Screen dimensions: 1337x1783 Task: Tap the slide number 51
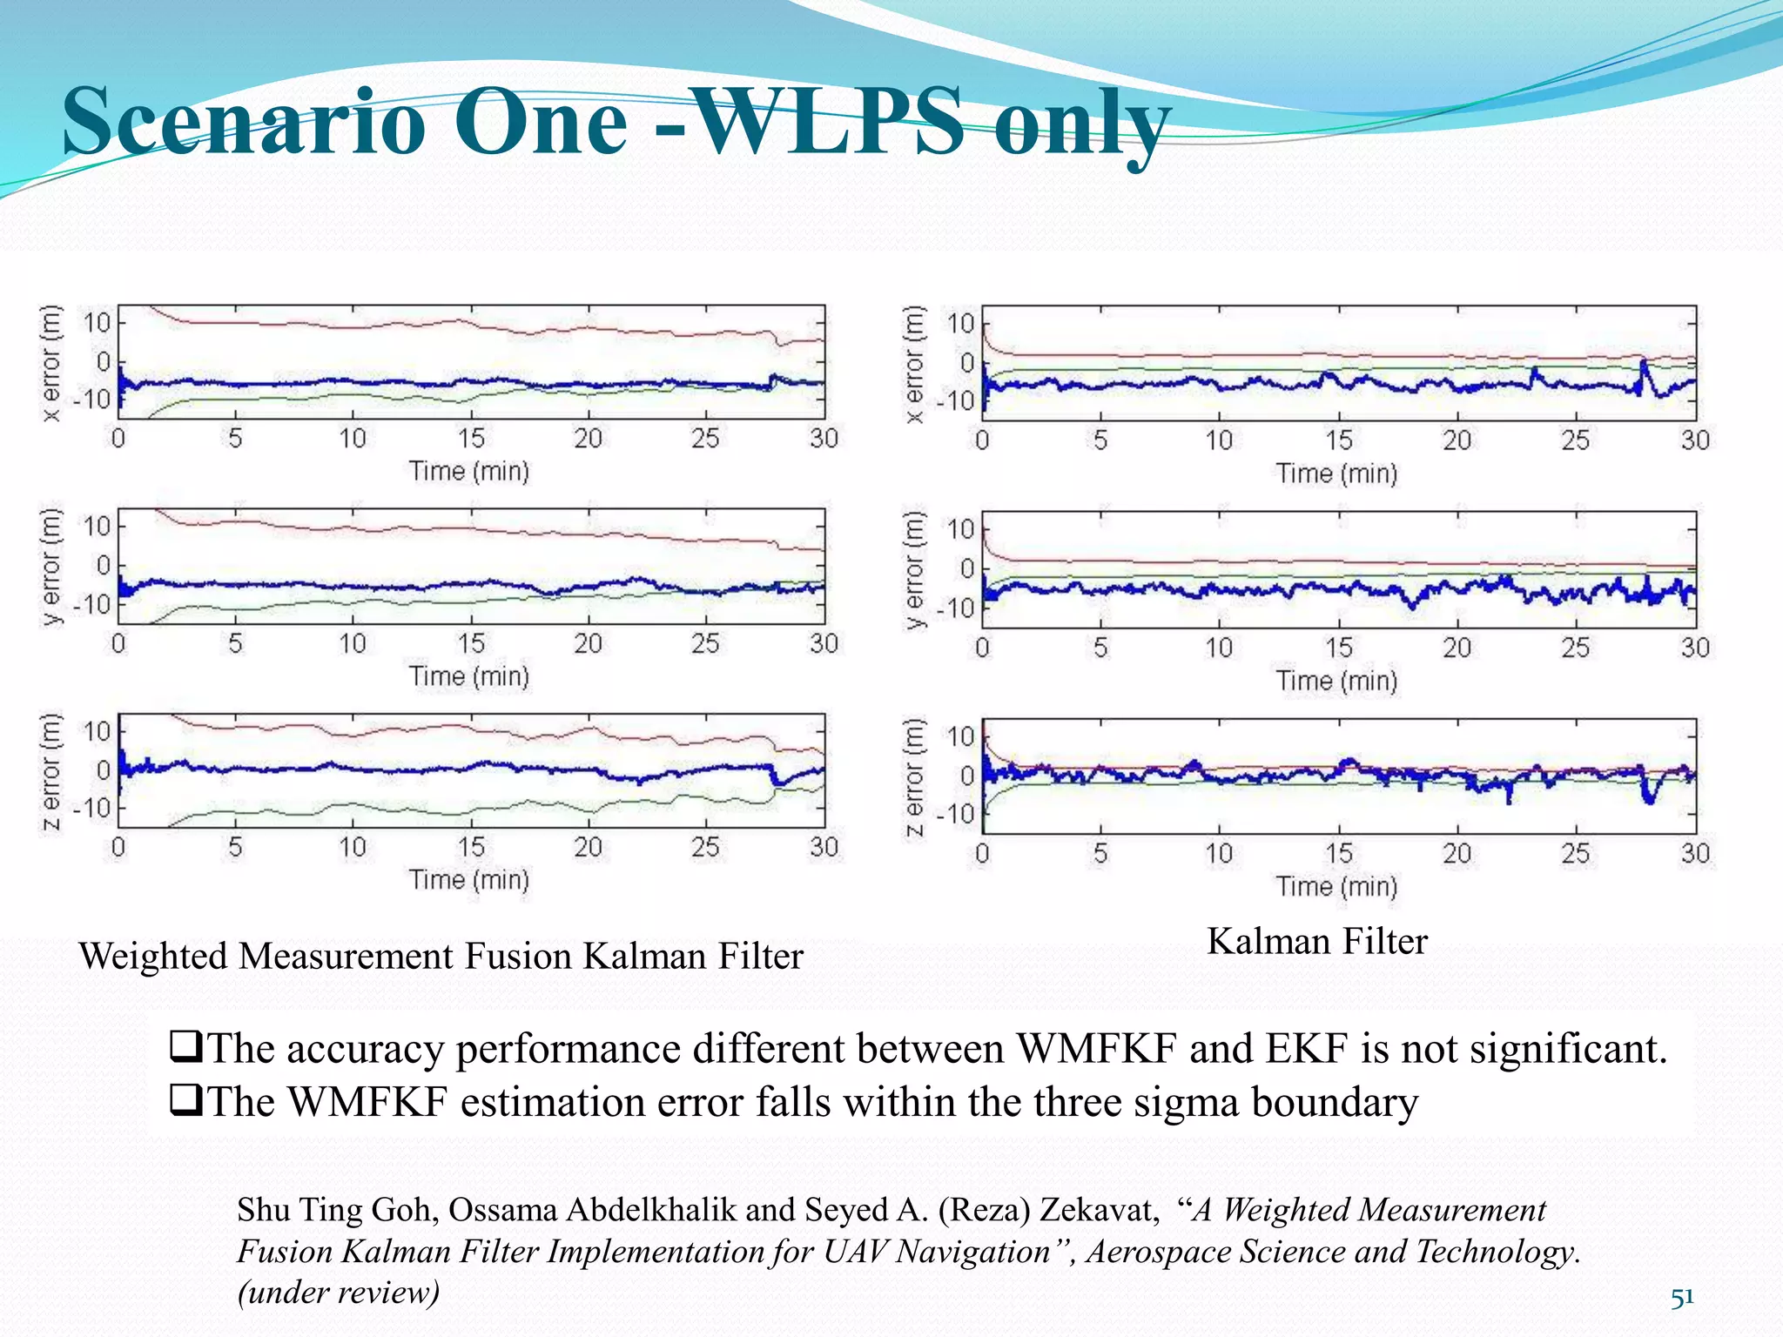[x=1682, y=1297]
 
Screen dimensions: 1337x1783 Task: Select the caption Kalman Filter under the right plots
[x=1316, y=942]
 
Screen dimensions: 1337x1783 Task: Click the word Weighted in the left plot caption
[x=153, y=957]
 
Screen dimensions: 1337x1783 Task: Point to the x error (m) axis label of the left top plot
[x=52, y=362]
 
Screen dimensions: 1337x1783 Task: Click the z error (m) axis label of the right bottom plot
[x=914, y=776]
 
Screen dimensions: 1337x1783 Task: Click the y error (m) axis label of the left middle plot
[x=52, y=567]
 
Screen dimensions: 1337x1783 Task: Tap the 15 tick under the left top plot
[x=470, y=438]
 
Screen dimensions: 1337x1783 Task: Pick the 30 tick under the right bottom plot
[x=1694, y=853]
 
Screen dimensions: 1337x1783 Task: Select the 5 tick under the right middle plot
[x=1100, y=648]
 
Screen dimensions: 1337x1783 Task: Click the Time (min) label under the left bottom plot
[x=469, y=880]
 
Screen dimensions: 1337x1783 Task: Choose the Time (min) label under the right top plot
[x=1336, y=474]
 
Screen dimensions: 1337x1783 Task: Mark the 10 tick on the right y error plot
[x=961, y=529]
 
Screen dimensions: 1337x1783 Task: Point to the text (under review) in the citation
[x=339, y=1292]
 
